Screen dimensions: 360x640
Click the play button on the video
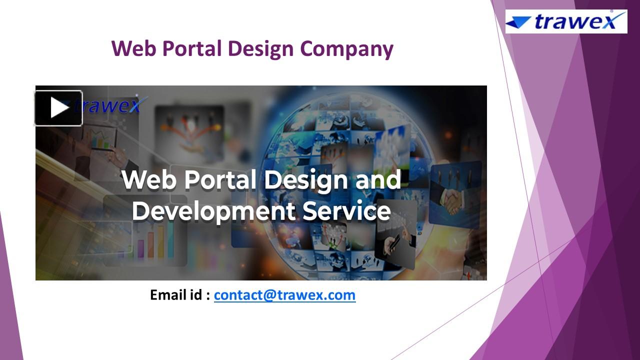tap(58, 108)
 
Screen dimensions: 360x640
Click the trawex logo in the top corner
tap(566, 21)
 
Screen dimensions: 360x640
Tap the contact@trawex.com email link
tap(284, 295)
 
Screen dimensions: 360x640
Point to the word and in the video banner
tap(378, 179)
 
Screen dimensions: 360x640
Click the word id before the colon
tap(195, 295)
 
